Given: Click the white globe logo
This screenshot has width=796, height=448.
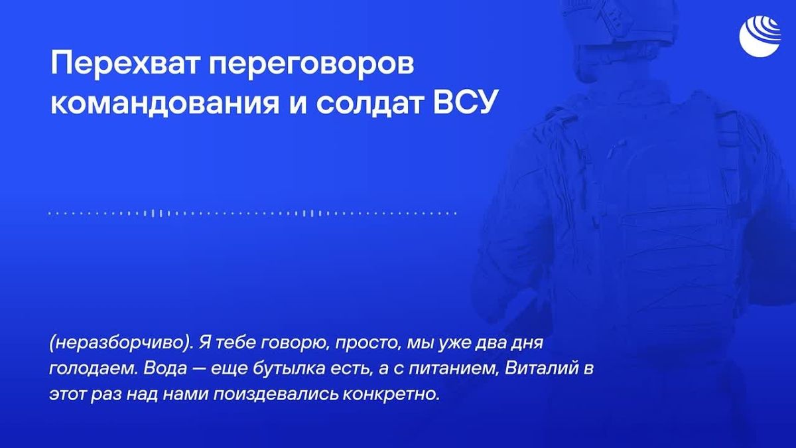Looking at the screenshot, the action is pos(760,36).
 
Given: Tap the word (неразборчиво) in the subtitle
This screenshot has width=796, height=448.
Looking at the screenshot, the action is pos(121,343).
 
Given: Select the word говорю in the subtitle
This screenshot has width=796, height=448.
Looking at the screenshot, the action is pos(295,344).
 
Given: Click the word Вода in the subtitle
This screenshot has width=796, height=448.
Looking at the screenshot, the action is pos(165,369).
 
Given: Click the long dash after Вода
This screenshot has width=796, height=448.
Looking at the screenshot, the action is pos(198,370).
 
